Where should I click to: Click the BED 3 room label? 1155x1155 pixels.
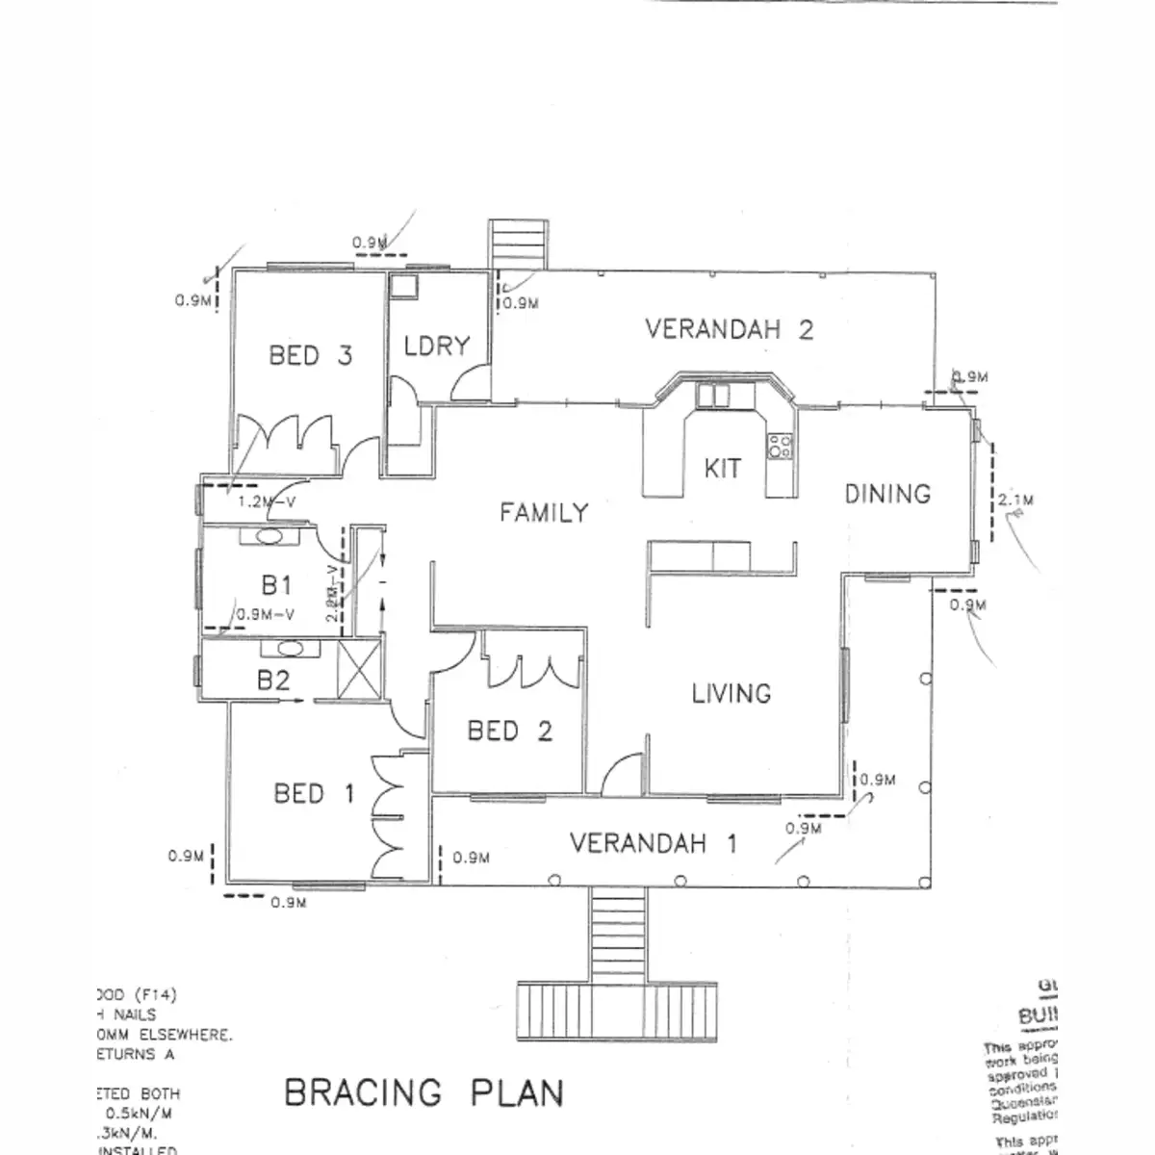click(310, 356)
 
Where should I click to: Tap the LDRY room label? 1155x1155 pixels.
click(436, 346)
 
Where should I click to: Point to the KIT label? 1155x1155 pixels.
click(722, 469)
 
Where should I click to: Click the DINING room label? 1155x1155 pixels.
click(887, 495)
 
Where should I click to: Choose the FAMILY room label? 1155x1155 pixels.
click(543, 513)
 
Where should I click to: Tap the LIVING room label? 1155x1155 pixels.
click(731, 693)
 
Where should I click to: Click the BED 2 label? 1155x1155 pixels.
click(509, 731)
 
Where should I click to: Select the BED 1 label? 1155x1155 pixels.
click(314, 794)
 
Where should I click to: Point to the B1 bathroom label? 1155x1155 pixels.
click(276, 584)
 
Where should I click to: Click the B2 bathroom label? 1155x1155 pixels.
click(273, 681)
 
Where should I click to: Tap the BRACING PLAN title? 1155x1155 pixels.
click(423, 1093)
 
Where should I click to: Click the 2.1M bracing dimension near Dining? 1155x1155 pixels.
click(1015, 500)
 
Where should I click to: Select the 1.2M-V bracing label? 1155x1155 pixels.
click(266, 501)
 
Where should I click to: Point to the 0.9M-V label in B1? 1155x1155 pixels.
click(265, 614)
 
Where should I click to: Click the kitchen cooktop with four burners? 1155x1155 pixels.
click(780, 445)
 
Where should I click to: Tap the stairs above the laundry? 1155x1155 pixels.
click(519, 244)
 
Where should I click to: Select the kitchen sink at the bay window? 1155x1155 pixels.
click(714, 395)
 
